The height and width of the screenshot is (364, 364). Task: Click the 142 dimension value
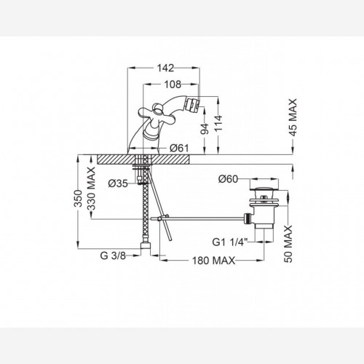(x=166, y=68)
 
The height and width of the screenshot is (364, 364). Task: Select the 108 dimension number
(x=173, y=84)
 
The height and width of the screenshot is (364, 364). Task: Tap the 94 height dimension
(x=205, y=129)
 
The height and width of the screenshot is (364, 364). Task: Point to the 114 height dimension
(x=218, y=123)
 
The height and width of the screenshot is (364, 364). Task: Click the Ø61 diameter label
(x=179, y=148)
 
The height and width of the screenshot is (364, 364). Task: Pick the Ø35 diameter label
(x=118, y=183)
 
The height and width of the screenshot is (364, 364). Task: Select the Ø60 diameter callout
(x=228, y=179)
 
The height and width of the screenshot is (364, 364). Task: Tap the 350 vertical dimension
(x=78, y=199)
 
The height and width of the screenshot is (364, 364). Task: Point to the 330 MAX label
(x=91, y=189)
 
